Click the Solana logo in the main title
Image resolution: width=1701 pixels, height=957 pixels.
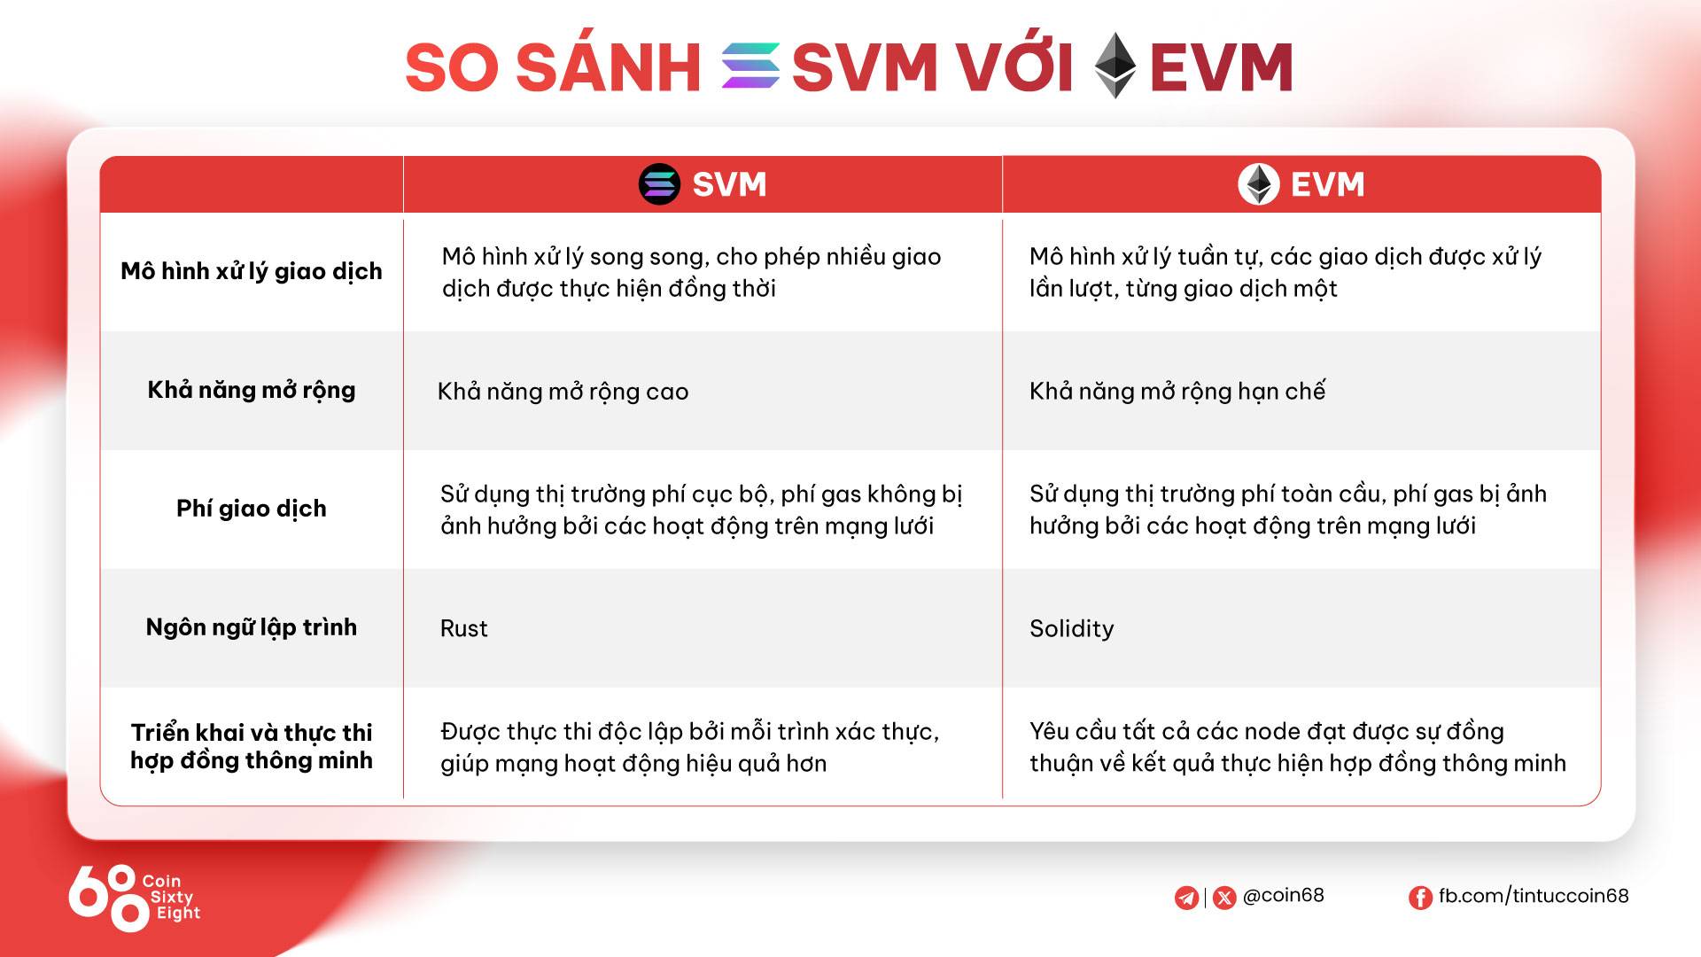tap(750, 66)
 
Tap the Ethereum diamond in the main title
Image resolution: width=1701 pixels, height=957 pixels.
tap(1115, 66)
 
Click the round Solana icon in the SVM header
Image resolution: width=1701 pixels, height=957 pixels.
tap(659, 184)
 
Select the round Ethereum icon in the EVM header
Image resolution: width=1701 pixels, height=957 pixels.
tap(1258, 184)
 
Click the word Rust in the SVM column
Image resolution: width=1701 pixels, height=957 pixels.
tap(463, 628)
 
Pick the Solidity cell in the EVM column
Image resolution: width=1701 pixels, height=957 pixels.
tap(1071, 628)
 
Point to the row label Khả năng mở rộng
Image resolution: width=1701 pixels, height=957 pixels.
tap(252, 390)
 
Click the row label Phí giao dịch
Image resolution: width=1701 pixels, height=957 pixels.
tap(252, 509)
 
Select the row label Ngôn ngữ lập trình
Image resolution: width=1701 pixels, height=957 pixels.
tap(252, 627)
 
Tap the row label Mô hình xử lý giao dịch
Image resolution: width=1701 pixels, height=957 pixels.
tap(252, 271)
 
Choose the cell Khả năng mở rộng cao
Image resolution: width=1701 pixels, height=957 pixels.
tap(563, 392)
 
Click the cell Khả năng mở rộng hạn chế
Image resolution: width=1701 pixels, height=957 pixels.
tap(1177, 391)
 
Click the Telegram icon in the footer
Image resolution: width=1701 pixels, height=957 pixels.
tap(1186, 898)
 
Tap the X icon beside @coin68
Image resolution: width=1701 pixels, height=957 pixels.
tap(1224, 898)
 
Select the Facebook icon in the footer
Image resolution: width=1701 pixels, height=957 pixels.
tap(1420, 898)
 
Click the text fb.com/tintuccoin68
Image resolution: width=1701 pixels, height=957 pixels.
tap(1534, 896)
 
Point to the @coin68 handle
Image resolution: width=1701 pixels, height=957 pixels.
tap(1283, 895)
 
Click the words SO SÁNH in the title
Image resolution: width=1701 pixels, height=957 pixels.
tap(553, 66)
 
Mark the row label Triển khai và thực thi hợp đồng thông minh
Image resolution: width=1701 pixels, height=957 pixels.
tap(252, 746)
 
